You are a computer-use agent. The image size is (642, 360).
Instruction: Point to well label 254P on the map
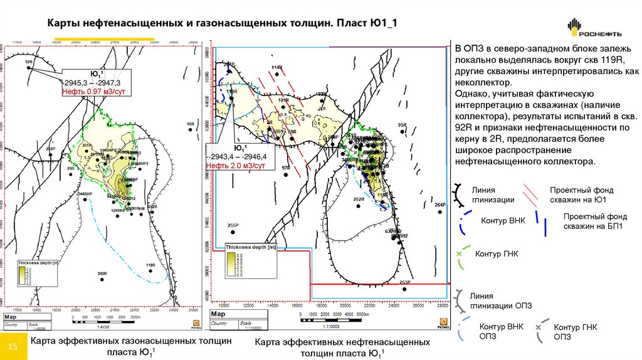click(439, 205)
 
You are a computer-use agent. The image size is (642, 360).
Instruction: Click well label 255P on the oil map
click(233, 225)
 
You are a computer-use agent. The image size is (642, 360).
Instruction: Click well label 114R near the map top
click(276, 67)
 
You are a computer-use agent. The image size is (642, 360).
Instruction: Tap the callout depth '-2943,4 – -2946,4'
click(239, 157)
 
